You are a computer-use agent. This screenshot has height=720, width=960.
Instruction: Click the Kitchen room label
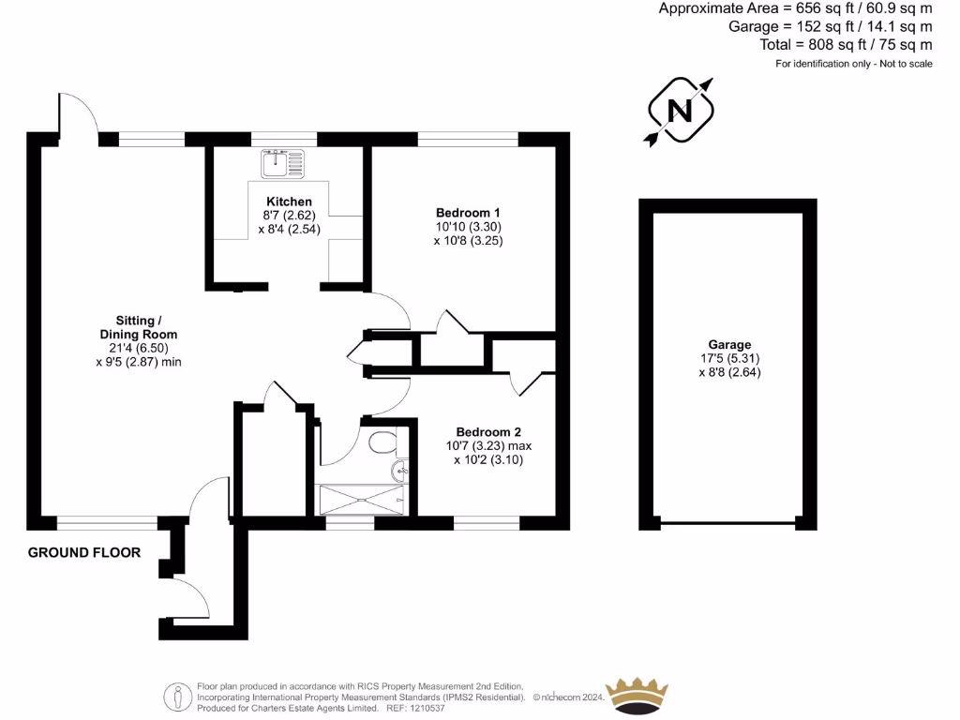tap(289, 202)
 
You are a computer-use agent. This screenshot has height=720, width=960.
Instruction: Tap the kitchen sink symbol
tap(277, 163)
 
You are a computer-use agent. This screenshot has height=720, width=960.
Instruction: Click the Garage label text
tap(729, 345)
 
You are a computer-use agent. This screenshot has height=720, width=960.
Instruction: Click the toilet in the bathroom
tap(383, 442)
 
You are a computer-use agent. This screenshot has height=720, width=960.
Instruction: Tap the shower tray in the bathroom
tap(361, 500)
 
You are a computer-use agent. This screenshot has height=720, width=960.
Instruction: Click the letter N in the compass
tap(680, 112)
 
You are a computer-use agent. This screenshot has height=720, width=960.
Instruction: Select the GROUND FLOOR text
tap(84, 553)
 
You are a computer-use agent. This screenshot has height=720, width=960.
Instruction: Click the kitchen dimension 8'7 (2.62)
tap(289, 216)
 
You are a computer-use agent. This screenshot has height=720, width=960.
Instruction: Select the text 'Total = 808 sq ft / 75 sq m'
tap(846, 44)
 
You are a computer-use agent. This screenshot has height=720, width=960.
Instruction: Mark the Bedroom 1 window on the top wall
tap(468, 139)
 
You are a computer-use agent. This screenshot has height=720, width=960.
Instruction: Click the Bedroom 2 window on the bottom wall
tap(487, 522)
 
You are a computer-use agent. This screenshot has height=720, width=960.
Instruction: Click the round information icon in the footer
tap(178, 697)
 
